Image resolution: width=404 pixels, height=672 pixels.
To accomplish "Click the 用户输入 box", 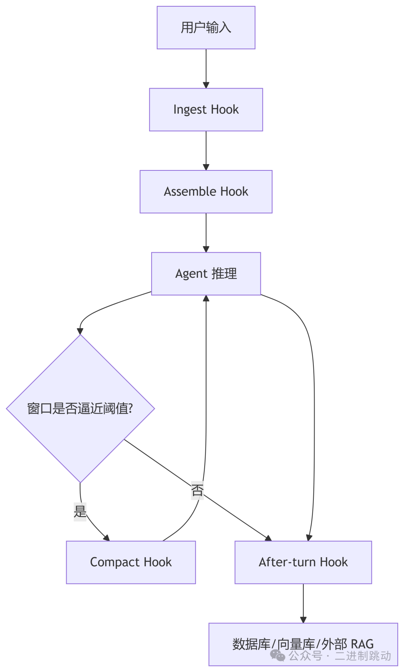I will click(x=206, y=28).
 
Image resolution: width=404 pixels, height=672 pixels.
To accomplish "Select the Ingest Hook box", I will click(x=206, y=110).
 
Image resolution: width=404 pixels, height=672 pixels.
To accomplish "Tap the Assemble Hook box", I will click(x=206, y=192).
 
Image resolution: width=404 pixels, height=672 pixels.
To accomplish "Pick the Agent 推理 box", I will click(x=206, y=274).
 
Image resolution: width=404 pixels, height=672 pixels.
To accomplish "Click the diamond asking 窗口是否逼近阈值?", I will click(x=80, y=408).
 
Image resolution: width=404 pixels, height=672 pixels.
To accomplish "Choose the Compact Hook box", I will click(x=131, y=562).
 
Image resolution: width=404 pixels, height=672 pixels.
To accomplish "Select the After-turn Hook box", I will click(x=303, y=562).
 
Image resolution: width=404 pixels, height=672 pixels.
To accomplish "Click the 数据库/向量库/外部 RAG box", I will click(x=303, y=644).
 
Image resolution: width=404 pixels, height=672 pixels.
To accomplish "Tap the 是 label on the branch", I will click(x=80, y=511).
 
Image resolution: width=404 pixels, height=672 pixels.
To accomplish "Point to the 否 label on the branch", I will click(x=197, y=490).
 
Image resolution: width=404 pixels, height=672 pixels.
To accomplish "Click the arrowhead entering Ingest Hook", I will click(x=206, y=85).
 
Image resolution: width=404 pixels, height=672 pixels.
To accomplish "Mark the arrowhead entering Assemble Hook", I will click(x=206, y=167).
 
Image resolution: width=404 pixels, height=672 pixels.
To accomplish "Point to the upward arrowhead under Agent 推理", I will click(x=206, y=298).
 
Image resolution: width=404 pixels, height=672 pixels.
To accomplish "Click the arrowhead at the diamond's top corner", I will click(x=80, y=331).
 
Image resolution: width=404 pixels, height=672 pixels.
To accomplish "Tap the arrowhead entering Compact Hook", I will click(x=107, y=538).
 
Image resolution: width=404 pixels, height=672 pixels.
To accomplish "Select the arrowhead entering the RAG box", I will click(x=303, y=620).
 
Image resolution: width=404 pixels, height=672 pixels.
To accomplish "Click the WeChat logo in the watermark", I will click(x=278, y=655).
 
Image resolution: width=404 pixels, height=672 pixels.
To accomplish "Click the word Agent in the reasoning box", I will click(x=191, y=274).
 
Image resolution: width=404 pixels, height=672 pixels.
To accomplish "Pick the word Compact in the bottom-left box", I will click(x=115, y=562).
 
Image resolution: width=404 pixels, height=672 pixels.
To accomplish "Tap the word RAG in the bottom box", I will click(x=362, y=644).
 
